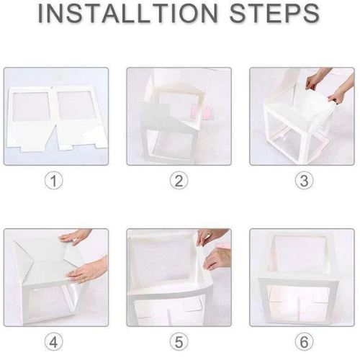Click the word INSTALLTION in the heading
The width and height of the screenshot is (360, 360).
click(x=127, y=13)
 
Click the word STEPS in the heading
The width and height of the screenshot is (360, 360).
click(x=274, y=13)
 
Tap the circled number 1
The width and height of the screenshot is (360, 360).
click(x=54, y=181)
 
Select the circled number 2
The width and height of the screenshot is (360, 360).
click(x=179, y=181)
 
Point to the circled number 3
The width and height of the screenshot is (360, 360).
click(x=304, y=181)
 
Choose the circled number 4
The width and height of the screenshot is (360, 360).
click(x=54, y=342)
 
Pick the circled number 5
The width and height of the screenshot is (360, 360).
click(x=179, y=342)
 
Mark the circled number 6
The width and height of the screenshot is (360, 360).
click(x=304, y=342)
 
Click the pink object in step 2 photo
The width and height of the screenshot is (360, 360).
click(x=202, y=112)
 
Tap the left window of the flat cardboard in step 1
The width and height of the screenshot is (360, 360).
click(x=31, y=107)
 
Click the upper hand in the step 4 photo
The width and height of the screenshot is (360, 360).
click(x=74, y=236)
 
